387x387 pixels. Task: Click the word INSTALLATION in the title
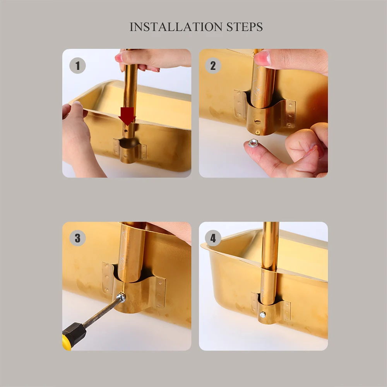tap(176, 27)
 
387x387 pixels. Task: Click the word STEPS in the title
tap(245, 27)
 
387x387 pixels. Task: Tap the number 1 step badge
tap(77, 66)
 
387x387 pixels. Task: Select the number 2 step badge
tap(213, 66)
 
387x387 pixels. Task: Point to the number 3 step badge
tap(77, 238)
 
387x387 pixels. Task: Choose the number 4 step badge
tap(213, 238)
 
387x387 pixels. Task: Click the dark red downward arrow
tap(127, 116)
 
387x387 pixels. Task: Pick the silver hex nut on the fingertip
tap(253, 143)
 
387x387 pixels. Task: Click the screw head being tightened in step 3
tap(121, 297)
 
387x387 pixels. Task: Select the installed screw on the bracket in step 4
tap(263, 314)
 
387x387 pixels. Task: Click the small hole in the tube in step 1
tap(127, 130)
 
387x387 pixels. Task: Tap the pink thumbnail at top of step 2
tap(262, 59)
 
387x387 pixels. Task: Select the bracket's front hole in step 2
tap(257, 122)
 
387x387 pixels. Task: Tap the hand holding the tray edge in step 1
tap(79, 138)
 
